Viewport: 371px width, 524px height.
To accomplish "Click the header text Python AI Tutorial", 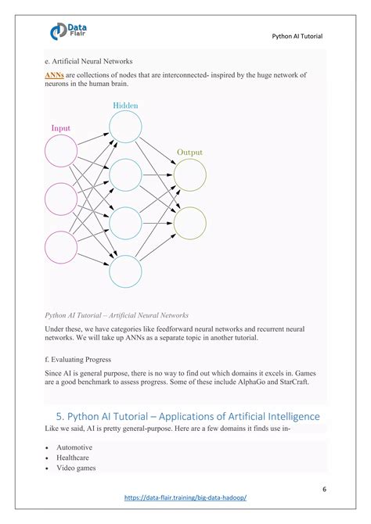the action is tap(297, 36).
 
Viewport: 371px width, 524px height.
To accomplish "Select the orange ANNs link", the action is tap(55, 75).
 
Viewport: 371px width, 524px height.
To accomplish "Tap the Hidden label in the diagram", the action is tap(125, 105).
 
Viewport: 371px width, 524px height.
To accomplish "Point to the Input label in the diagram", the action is tap(60, 127).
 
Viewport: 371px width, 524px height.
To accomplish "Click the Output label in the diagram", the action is tap(189, 152).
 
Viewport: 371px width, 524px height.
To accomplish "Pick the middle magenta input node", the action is tap(61, 199).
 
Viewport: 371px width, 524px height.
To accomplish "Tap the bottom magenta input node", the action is tap(61, 247).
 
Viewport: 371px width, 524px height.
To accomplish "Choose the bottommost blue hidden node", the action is tap(125, 271).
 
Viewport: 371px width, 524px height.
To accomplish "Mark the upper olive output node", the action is tap(189, 174).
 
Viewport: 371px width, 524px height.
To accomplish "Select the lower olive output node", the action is tap(189, 223).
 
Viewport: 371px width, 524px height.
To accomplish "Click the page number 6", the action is tap(323, 490).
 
